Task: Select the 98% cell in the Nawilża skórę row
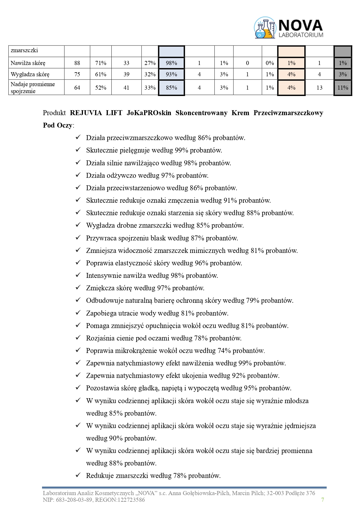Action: click(171, 63)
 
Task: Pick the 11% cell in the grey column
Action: click(343, 88)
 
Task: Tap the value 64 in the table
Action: click(77, 88)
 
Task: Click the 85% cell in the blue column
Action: click(171, 88)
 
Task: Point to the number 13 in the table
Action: click(319, 88)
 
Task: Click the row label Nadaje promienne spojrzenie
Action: click(32, 88)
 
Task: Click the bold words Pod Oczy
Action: click(57, 125)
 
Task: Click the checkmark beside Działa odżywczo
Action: click(78, 175)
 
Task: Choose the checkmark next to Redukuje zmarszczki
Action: click(78, 475)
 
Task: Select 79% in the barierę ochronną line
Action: click(252, 301)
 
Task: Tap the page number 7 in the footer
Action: click(323, 499)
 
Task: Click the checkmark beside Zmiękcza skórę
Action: click(78, 287)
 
